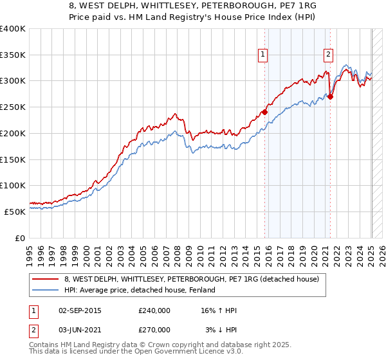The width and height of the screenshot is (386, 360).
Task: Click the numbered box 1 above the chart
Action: click(x=264, y=55)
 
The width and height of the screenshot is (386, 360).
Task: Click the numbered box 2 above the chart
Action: click(x=328, y=55)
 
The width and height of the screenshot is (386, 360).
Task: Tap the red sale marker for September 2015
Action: click(x=264, y=111)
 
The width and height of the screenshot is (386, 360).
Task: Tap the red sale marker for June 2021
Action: click(x=330, y=97)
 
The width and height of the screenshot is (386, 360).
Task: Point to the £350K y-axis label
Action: click(x=13, y=55)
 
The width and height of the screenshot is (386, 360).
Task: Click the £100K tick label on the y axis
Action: click(x=13, y=185)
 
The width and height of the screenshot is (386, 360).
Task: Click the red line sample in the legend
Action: click(x=46, y=279)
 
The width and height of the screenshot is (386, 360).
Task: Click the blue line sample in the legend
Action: click(x=46, y=290)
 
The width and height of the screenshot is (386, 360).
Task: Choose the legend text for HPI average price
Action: click(x=142, y=290)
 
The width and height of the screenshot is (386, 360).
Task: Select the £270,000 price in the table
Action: click(x=154, y=329)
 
